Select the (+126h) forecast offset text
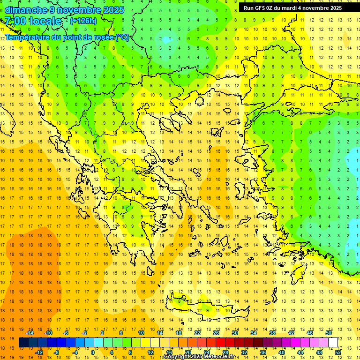click(83, 21)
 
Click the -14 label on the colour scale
click(30, 333)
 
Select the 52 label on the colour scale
click(337, 352)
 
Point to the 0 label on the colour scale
click(92, 352)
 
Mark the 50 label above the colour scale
click(328, 333)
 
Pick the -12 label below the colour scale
click(39, 352)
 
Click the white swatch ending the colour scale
click(333, 342)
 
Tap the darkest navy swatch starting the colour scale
click(23, 342)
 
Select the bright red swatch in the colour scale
click(220, 342)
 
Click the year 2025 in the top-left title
click(114, 10)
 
